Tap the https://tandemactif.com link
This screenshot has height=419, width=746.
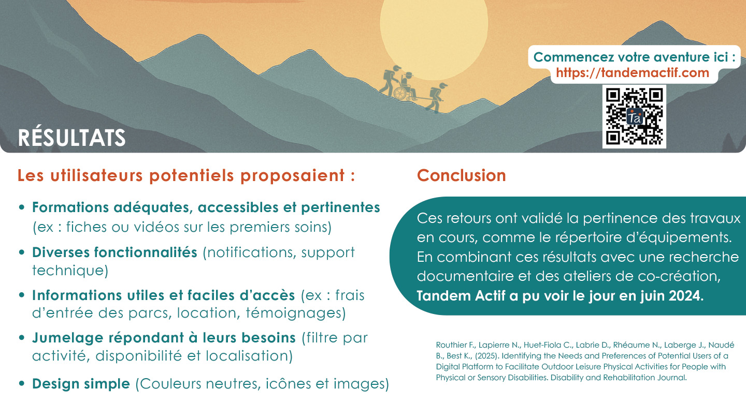[633, 73]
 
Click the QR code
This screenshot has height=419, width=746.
[634, 116]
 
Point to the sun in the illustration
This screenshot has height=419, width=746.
[434, 33]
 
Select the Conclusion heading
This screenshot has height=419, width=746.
[461, 175]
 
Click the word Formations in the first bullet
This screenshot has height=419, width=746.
[70, 207]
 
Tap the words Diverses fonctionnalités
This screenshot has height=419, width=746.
[114, 252]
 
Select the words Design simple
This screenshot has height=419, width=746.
[81, 384]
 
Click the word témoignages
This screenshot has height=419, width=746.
[296, 313]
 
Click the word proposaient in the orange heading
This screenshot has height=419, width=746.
[292, 176]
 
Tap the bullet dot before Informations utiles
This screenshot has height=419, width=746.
[22, 295]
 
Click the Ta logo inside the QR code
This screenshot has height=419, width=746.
[635, 117]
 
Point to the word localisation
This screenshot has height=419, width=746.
[249, 355]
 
